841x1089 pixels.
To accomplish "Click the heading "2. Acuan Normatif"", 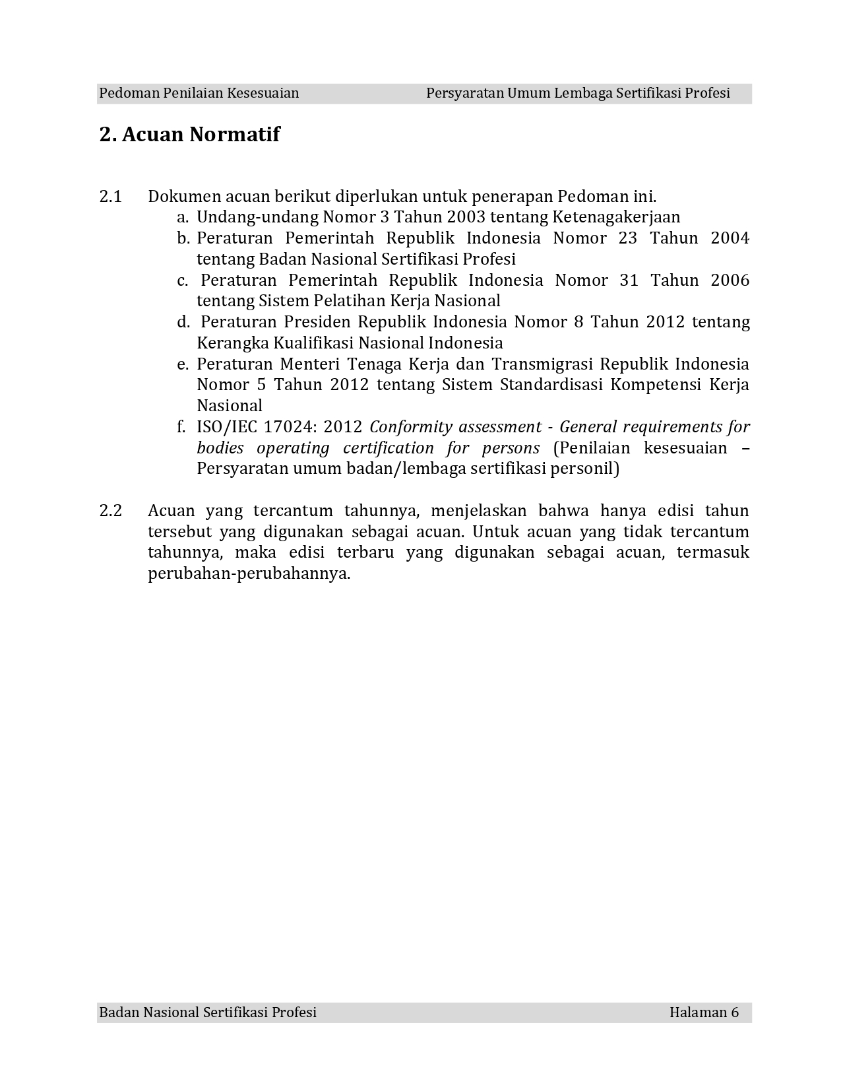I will [189, 135].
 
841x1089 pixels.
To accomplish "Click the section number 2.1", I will [111, 197].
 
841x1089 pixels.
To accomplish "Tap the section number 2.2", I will [111, 511].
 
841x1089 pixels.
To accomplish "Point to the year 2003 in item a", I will [466, 217].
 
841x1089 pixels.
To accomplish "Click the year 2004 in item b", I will [730, 238].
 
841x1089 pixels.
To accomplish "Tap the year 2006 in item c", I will [730, 280].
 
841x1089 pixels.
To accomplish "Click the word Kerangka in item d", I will [232, 343].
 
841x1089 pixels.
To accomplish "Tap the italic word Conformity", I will [408, 427].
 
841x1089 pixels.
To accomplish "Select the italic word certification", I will [389, 448].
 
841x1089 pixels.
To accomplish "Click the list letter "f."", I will [181, 427].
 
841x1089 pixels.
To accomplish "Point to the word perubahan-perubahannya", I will [249, 574].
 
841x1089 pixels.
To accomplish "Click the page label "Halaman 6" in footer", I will [704, 1012].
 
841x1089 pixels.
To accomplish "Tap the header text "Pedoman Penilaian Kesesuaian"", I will [199, 93].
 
